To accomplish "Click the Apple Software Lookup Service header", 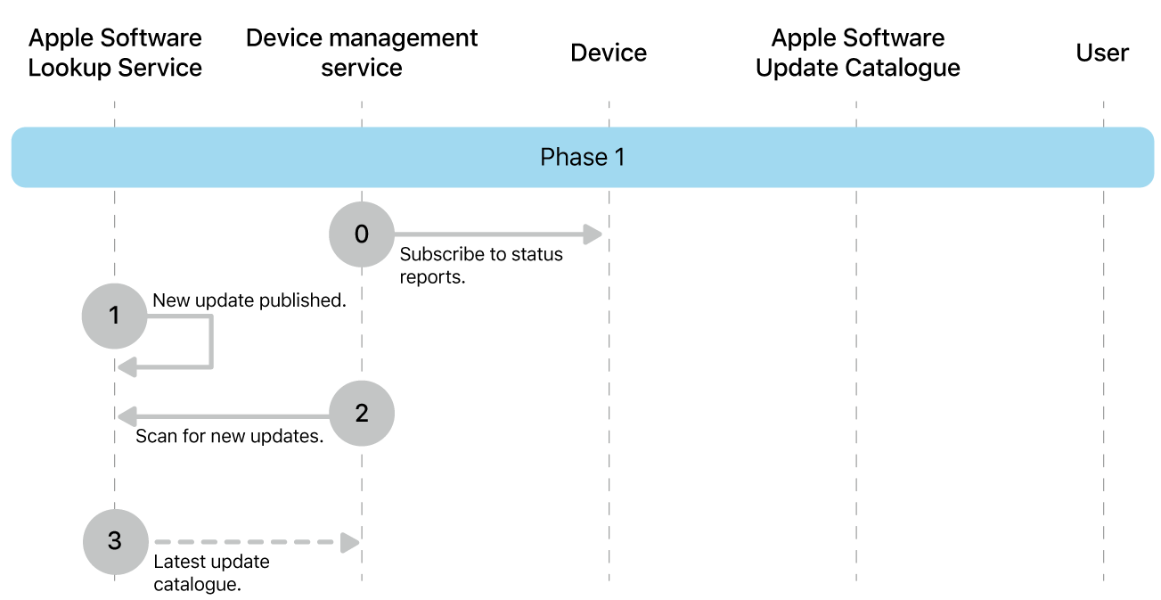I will tap(115, 53).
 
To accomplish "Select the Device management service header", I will tap(362, 53).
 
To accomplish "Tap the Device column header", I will tap(609, 53).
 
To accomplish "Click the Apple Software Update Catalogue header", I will tap(857, 53).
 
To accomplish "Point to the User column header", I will tap(1102, 53).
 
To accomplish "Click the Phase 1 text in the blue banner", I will tap(582, 158).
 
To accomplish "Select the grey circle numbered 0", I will tap(361, 234).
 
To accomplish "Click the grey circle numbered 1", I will tap(114, 316).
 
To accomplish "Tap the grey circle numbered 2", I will tap(361, 414).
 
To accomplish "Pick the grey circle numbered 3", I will tap(115, 541).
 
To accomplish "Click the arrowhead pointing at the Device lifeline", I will tap(593, 235).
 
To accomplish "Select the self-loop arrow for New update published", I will tap(209, 343).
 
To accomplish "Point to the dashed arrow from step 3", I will tap(254, 542).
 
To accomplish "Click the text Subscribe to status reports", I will tap(480, 265).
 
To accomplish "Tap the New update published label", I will tap(249, 300).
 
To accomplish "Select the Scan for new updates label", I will tap(229, 438).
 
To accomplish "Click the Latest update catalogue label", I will tap(211, 573).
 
